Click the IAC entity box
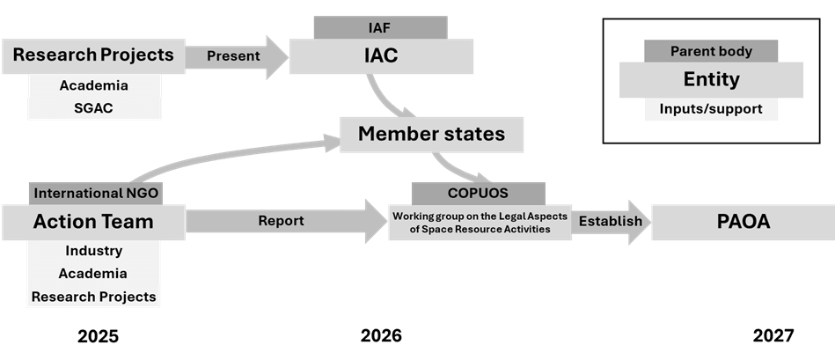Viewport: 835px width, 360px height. pyautogui.click(x=380, y=56)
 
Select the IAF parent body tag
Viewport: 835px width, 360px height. pyautogui.click(x=380, y=28)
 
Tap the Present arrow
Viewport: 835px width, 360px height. pyautogui.click(x=236, y=56)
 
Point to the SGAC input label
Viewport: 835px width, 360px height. pyautogui.click(x=93, y=108)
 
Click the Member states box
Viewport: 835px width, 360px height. pyautogui.click(x=431, y=135)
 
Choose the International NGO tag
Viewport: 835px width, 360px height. pyautogui.click(x=97, y=192)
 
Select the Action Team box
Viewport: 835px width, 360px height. pyautogui.click(x=93, y=222)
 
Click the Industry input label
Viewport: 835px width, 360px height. pyautogui.click(x=93, y=252)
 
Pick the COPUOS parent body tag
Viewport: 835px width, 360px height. pyautogui.click(x=478, y=193)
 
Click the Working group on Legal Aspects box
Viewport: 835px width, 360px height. pyautogui.click(x=480, y=222)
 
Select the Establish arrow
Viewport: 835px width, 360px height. pyautogui.click(x=612, y=221)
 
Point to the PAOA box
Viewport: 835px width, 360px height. pyautogui.click(x=743, y=222)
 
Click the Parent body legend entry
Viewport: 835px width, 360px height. pyautogui.click(x=711, y=51)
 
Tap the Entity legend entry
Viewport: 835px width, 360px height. pyautogui.click(x=711, y=80)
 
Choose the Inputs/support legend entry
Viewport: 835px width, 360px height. pyautogui.click(x=711, y=110)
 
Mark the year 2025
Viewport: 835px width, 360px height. pyautogui.click(x=98, y=335)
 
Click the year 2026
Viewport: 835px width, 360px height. pyautogui.click(x=381, y=335)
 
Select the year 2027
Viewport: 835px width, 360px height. pyautogui.click(x=773, y=335)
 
